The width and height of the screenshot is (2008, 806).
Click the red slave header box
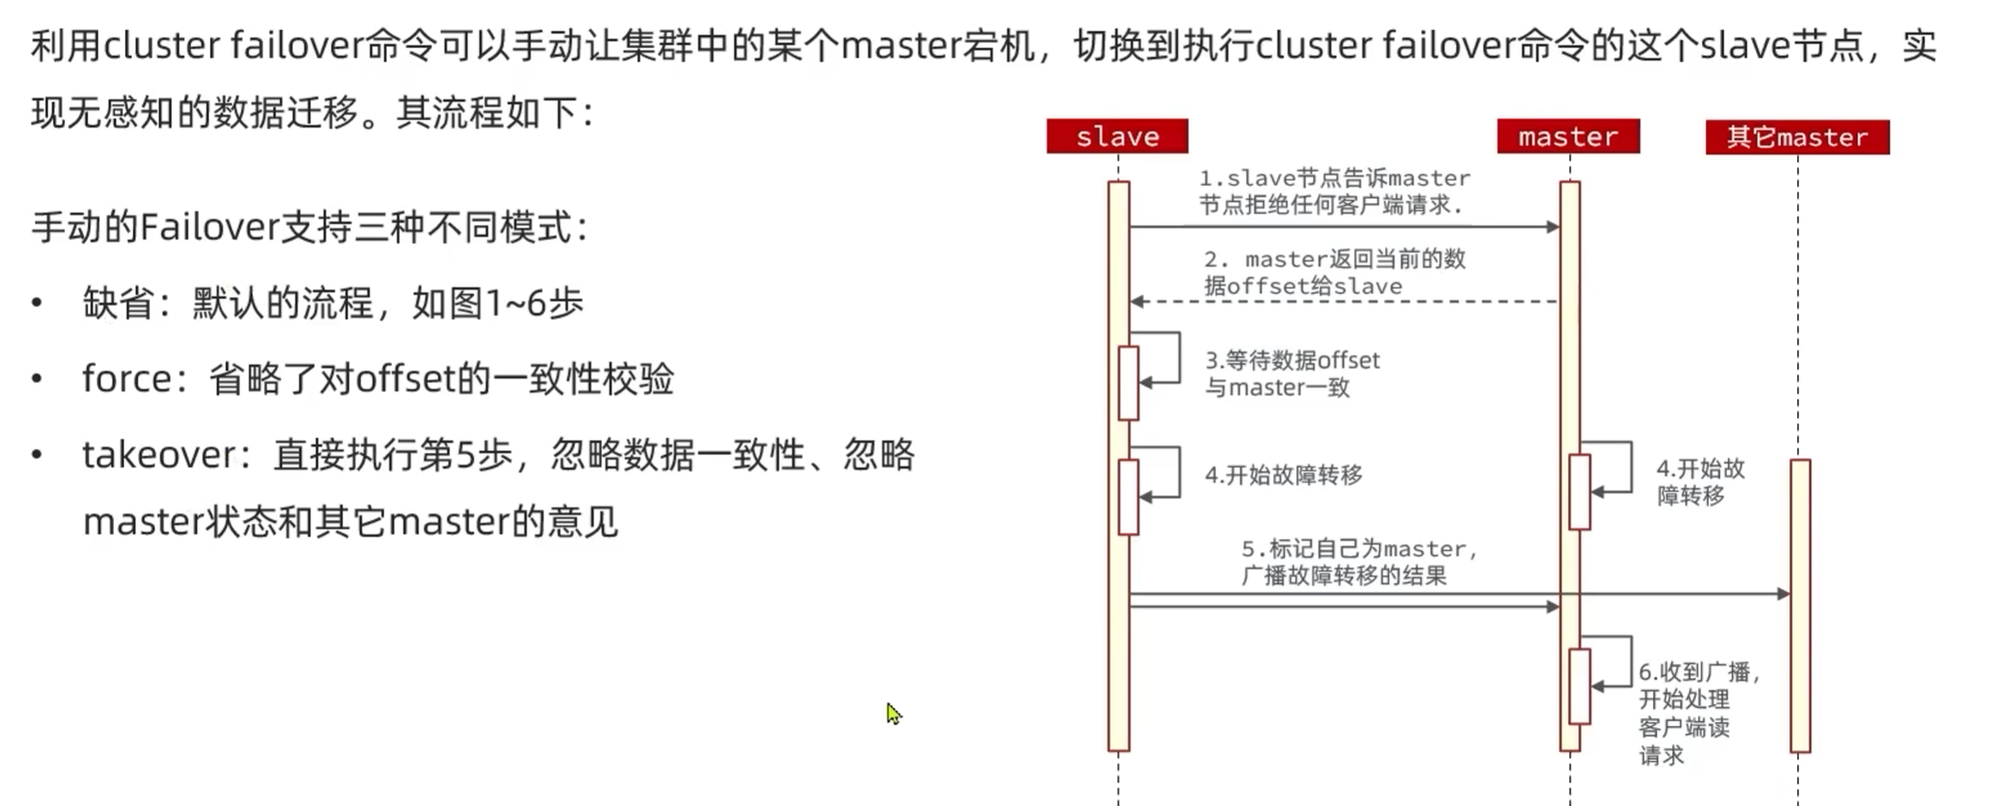point(1117,136)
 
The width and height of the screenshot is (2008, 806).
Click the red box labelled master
point(1567,136)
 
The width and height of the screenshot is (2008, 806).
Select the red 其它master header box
point(1797,137)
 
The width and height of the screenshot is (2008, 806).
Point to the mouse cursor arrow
point(893,713)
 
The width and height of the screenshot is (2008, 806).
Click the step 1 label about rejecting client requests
point(1334,191)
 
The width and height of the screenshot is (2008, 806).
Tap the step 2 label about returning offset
point(1334,272)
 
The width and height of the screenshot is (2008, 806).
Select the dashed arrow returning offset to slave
point(1343,302)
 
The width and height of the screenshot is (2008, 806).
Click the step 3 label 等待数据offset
point(1292,374)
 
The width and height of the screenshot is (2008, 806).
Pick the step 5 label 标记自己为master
point(1358,562)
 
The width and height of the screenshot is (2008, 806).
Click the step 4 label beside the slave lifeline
point(1283,475)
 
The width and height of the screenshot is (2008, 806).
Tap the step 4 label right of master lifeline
point(1699,481)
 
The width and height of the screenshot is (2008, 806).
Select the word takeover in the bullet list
point(159,454)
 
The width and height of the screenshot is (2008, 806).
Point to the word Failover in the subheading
point(209,227)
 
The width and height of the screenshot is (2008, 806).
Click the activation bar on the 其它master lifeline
point(1800,604)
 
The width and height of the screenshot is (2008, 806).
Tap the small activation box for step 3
point(1128,382)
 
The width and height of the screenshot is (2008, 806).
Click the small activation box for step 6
point(1579,686)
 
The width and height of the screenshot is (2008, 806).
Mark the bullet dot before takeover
point(37,454)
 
